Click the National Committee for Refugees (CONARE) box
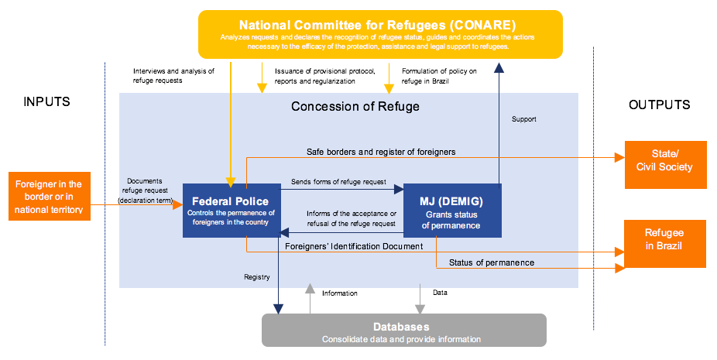(380, 34)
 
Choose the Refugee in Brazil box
(664, 242)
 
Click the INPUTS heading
(46, 102)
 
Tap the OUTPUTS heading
(659, 105)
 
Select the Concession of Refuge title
(355, 106)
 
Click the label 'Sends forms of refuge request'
(338, 182)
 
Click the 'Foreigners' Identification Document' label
(354, 246)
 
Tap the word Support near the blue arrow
(524, 119)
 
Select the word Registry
(256, 276)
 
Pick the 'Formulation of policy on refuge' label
(439, 76)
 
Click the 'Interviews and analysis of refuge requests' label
(173, 76)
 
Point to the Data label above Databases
(440, 293)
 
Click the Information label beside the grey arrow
(340, 293)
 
